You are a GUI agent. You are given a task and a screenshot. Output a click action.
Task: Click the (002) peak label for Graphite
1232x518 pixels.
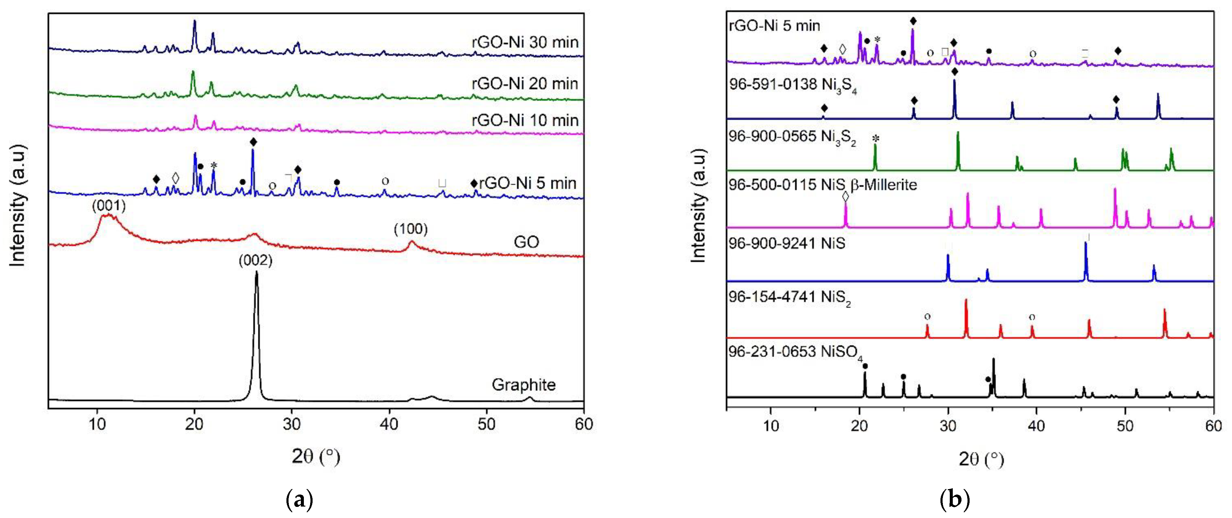[255, 261]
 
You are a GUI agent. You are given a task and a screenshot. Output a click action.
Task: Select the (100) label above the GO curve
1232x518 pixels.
[410, 229]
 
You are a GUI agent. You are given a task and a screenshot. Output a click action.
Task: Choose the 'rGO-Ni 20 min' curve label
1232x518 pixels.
[525, 84]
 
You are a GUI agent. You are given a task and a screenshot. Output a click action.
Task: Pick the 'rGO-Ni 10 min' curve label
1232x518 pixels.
[525, 120]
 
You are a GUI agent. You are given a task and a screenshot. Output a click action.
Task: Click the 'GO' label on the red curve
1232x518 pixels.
[526, 242]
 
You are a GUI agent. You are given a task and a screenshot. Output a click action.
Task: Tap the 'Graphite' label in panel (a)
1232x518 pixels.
[524, 385]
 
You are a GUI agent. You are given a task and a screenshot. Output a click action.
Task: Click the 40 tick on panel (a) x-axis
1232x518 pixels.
[389, 424]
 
